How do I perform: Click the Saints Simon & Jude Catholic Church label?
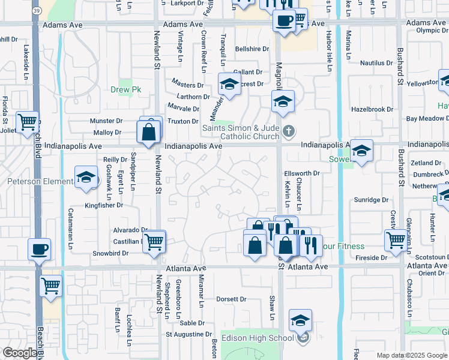click(242, 131)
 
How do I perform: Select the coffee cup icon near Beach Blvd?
click(40, 248)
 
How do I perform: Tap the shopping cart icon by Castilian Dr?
click(155, 241)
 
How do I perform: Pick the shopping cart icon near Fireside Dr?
click(396, 240)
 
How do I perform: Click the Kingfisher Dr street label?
click(104, 205)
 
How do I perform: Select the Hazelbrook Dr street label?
click(372, 110)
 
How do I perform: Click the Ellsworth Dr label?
click(301, 173)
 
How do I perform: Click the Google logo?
click(20, 353)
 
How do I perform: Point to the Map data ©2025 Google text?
click(412, 355)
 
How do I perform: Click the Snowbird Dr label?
click(110, 253)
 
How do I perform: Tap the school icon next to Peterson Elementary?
click(86, 178)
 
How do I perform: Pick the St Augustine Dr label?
click(189, 334)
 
